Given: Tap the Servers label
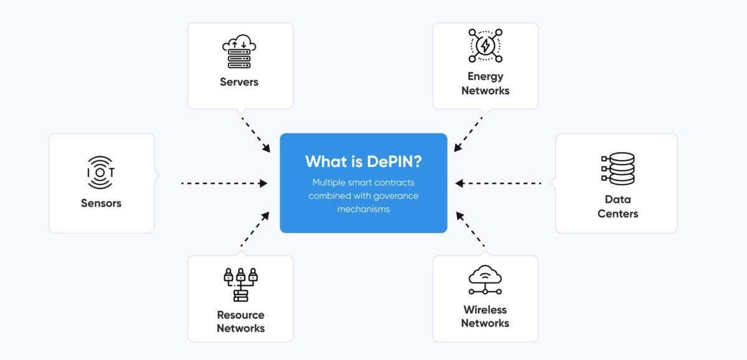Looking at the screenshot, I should [239, 82].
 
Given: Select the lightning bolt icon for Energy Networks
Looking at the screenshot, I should [485, 45].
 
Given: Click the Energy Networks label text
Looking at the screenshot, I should [485, 83].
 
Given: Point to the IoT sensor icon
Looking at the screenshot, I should [101, 172].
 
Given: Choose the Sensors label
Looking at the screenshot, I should [101, 203].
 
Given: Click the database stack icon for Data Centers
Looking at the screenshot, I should [618, 169].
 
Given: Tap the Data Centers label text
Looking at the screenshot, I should [618, 206].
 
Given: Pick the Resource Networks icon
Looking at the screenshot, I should [240, 285].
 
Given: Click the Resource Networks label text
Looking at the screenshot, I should [240, 321].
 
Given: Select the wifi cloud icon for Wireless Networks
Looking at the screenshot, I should [485, 280].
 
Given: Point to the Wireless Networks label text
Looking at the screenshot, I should [485, 316].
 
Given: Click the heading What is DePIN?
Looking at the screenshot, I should [363, 161].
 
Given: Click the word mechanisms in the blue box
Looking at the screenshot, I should [363, 209].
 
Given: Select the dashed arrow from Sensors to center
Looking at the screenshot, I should [224, 183].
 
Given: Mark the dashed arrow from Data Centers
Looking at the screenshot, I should [498, 183].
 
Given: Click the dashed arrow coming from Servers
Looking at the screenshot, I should [256, 134].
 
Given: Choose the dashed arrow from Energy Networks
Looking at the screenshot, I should [469, 133].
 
